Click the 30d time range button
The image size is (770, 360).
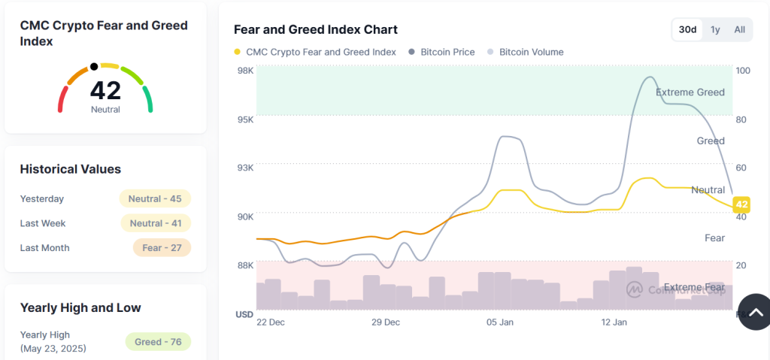pyautogui.click(x=687, y=29)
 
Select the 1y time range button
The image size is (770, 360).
pyautogui.click(x=715, y=29)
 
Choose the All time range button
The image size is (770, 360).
pyautogui.click(x=740, y=29)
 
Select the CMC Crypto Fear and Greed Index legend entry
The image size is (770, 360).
pyautogui.click(x=315, y=52)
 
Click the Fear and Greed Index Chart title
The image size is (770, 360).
pyautogui.click(x=316, y=29)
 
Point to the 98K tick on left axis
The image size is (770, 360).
pyautogui.click(x=245, y=71)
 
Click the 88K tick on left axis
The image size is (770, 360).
pyautogui.click(x=245, y=265)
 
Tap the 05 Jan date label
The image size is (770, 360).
pyautogui.click(x=500, y=322)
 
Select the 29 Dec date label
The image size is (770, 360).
pyautogui.click(x=386, y=322)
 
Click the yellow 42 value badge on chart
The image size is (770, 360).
pyautogui.click(x=741, y=204)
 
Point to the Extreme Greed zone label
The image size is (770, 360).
pyautogui.click(x=690, y=92)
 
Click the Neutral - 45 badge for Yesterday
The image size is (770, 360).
pyautogui.click(x=155, y=198)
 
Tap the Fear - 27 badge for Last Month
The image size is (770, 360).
pyautogui.click(x=162, y=247)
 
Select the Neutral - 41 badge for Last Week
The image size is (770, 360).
pyautogui.click(x=156, y=223)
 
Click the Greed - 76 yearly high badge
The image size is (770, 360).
pyautogui.click(x=158, y=342)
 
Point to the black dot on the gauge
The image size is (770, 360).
pyautogui.click(x=94, y=66)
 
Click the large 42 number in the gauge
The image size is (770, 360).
pyautogui.click(x=105, y=90)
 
